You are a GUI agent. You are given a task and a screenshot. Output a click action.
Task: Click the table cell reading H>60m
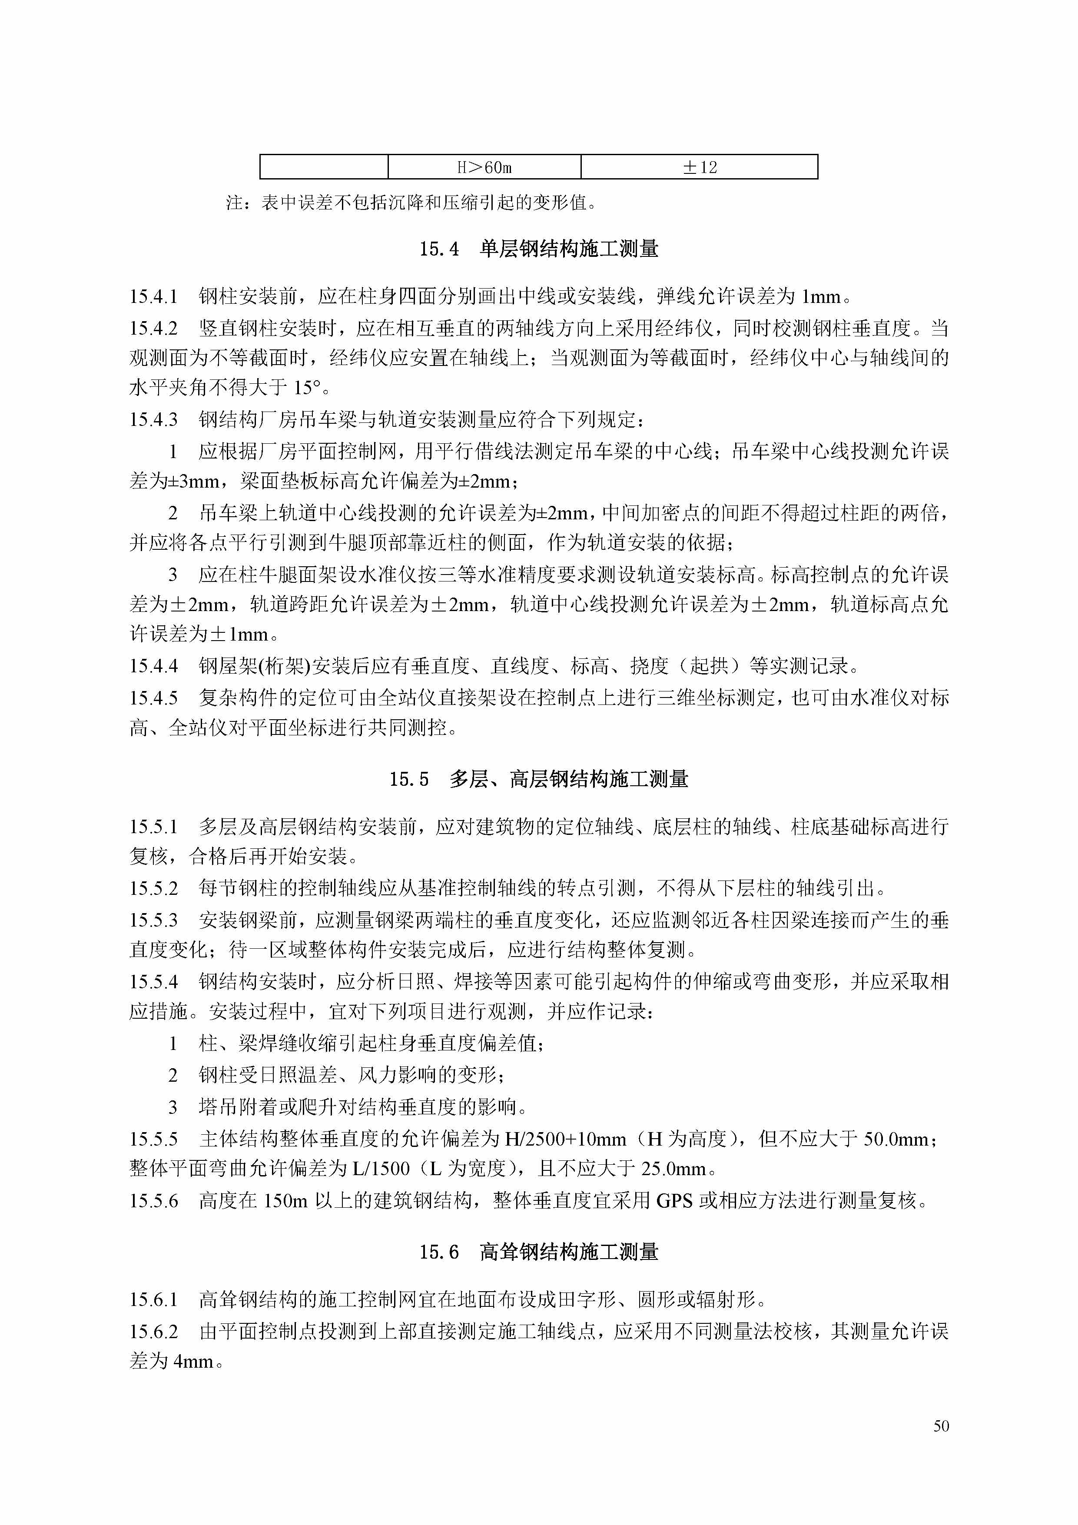click(484, 167)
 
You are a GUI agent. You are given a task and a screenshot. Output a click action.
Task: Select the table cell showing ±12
click(700, 167)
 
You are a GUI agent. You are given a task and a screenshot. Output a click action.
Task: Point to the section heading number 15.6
click(439, 1253)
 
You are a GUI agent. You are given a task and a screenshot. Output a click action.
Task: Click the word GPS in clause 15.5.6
click(674, 1201)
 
